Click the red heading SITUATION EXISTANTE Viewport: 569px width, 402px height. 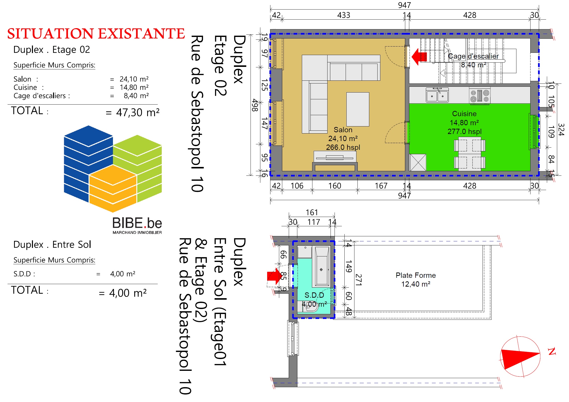click(x=96, y=34)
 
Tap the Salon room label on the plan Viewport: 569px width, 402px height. click(x=343, y=130)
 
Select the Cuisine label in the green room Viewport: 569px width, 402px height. click(x=464, y=114)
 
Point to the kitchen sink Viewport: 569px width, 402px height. click(x=437, y=95)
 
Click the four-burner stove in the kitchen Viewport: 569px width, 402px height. click(x=480, y=96)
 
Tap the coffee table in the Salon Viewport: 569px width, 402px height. click(x=358, y=109)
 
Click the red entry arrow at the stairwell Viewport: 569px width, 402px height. click(x=419, y=57)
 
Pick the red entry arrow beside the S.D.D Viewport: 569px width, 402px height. click(x=275, y=276)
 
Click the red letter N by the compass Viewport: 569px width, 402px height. click(x=552, y=351)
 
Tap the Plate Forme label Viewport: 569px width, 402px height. click(x=416, y=275)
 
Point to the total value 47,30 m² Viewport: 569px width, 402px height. click(x=138, y=112)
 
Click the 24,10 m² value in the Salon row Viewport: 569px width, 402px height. click(x=134, y=79)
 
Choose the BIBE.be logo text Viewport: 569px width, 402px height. click(x=137, y=223)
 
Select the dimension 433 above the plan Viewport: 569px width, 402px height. click(x=344, y=15)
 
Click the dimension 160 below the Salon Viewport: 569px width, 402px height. click(x=335, y=186)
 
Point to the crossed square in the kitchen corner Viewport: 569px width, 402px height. click(x=418, y=162)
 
